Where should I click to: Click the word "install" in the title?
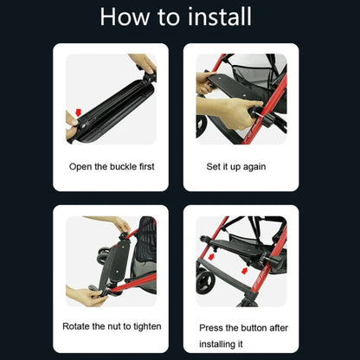pyautogui.click(x=220, y=16)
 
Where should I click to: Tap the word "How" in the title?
pyautogui.click(x=125, y=16)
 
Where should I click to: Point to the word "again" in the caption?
pyautogui.click(x=254, y=167)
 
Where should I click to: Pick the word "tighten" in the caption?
pyautogui.click(x=147, y=326)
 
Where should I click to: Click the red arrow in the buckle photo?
pyautogui.click(x=78, y=112)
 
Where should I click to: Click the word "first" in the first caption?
pyautogui.click(x=147, y=166)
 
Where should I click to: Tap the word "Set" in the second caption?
pyautogui.click(x=213, y=166)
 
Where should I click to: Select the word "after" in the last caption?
pyautogui.click(x=279, y=328)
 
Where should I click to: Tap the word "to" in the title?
pyautogui.click(x=168, y=17)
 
